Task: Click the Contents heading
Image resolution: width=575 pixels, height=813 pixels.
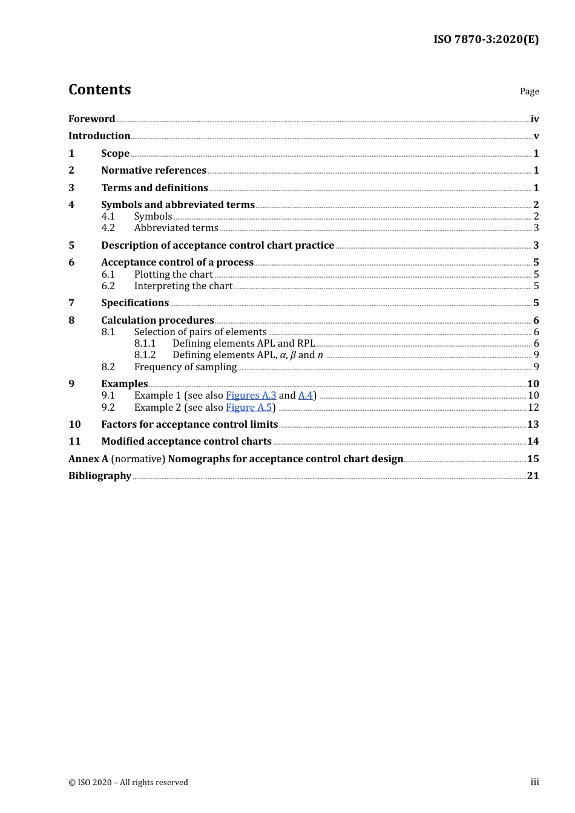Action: (x=99, y=90)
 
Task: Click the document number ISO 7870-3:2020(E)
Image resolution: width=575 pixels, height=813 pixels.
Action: (x=485, y=39)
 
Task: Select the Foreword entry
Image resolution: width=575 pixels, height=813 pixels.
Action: (x=91, y=119)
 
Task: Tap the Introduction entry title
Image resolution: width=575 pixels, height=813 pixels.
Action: (x=99, y=136)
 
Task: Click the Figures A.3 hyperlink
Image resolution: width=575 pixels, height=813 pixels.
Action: (x=251, y=396)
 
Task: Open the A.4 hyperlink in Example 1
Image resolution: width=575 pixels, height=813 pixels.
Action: (x=305, y=396)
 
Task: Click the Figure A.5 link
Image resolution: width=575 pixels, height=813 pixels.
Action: (x=249, y=408)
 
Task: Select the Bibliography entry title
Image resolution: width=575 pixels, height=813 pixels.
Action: (x=100, y=476)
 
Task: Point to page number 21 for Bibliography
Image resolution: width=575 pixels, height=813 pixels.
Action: (x=533, y=476)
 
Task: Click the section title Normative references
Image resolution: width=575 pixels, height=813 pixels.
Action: (x=154, y=171)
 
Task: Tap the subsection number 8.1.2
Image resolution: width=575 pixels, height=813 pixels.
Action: (x=145, y=355)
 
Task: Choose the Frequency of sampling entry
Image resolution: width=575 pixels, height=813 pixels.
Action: (x=185, y=367)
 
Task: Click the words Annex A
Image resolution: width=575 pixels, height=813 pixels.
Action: (x=88, y=459)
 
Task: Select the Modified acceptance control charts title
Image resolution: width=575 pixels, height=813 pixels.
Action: (x=186, y=442)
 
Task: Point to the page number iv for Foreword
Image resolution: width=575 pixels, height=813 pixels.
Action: (x=534, y=119)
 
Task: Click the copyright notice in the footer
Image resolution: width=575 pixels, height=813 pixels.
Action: (x=128, y=783)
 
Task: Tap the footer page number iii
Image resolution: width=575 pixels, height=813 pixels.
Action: (x=534, y=782)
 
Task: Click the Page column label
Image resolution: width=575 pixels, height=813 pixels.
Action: (x=529, y=91)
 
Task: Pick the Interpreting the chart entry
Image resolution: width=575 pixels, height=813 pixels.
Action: (x=183, y=286)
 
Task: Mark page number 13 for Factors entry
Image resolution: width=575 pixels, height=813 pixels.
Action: (x=533, y=425)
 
